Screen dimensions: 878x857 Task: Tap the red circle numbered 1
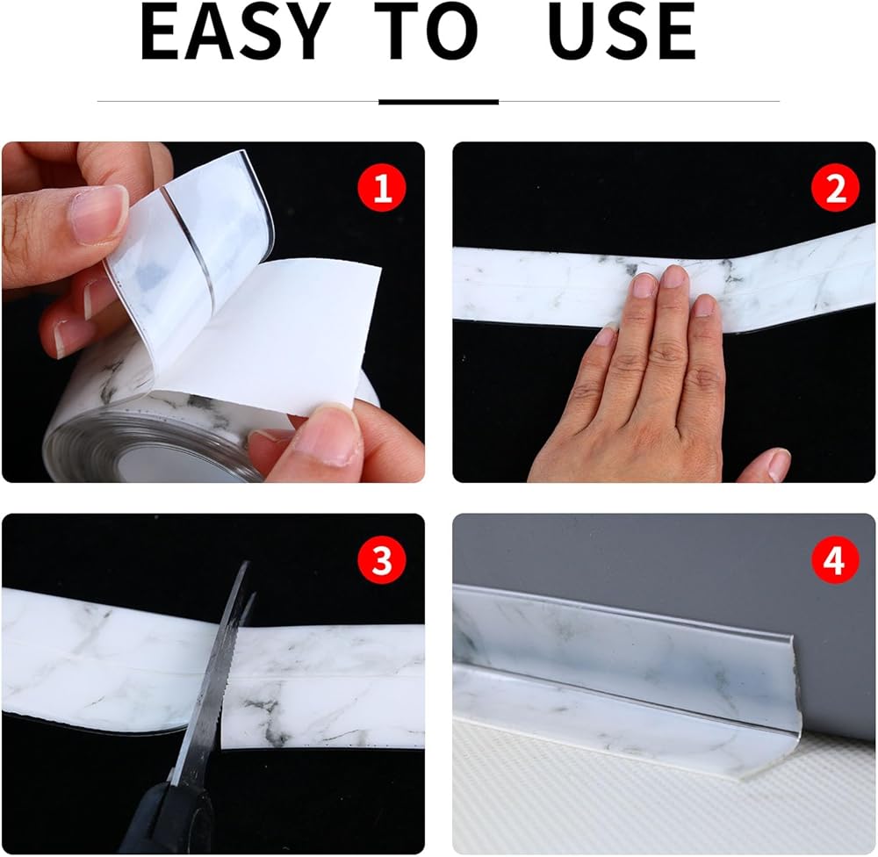pyautogui.click(x=382, y=188)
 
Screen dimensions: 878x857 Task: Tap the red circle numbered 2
pyautogui.click(x=836, y=188)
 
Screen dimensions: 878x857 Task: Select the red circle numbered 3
pyautogui.click(x=382, y=559)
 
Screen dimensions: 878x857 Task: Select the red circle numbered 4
pyautogui.click(x=836, y=559)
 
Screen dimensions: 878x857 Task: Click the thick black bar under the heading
pyautogui.click(x=438, y=102)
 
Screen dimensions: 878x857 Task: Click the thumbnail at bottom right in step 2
pyautogui.click(x=779, y=464)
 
